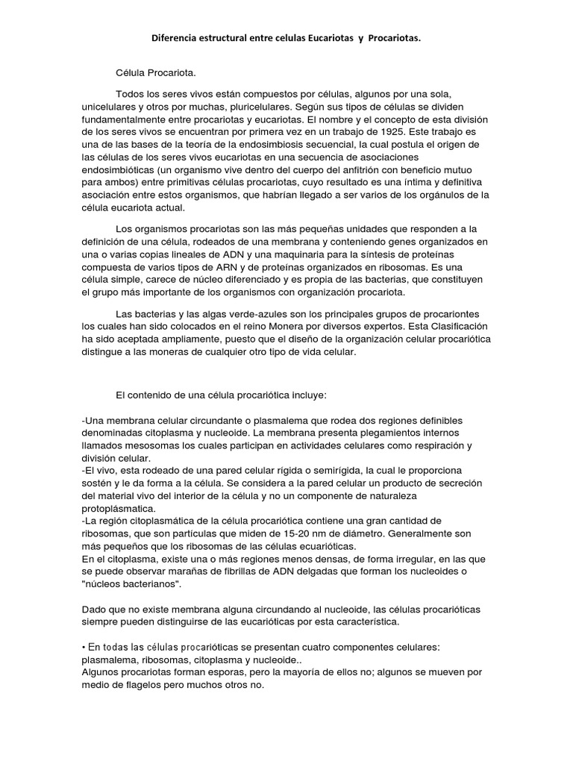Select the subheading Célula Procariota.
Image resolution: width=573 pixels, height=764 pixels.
[x=152, y=74]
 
